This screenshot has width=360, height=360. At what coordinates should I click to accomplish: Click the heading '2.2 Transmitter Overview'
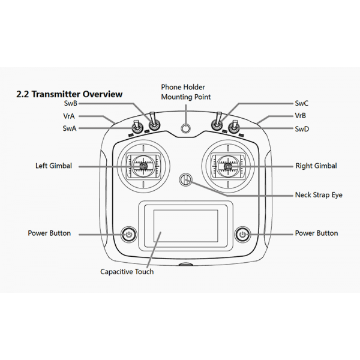[70, 94]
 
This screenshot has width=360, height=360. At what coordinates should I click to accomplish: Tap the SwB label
[70, 103]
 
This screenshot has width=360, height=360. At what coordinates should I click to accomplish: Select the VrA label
[69, 116]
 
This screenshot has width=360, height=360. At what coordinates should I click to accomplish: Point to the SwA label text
[70, 128]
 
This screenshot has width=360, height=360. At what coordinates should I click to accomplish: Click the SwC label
[302, 103]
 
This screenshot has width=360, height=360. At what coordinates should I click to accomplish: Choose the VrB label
[301, 115]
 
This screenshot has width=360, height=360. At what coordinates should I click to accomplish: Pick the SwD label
[302, 129]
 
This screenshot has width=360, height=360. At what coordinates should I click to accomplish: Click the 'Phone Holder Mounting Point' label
[186, 92]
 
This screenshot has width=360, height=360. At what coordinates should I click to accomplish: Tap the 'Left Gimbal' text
[53, 166]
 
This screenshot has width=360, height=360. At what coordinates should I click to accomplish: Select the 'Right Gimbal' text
[316, 166]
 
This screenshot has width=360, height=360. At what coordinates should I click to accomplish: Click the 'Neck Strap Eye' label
[319, 195]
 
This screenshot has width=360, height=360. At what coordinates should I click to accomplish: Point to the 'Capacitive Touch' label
[127, 272]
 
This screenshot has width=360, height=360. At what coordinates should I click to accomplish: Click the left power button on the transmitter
[129, 235]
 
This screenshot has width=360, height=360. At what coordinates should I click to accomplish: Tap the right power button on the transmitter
[242, 235]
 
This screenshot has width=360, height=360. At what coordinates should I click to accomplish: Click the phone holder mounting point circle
[185, 128]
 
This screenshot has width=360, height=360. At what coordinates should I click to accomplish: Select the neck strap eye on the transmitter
[186, 180]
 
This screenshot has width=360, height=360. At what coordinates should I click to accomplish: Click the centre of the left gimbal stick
[143, 166]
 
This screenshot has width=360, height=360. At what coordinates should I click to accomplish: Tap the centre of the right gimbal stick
[228, 166]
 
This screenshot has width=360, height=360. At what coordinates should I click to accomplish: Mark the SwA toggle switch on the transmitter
[137, 127]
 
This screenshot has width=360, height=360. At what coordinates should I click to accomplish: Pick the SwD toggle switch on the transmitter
[234, 127]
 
